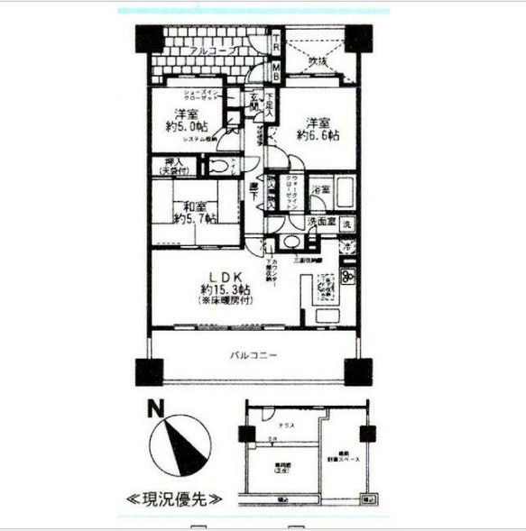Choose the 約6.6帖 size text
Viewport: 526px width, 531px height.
[x=320, y=135]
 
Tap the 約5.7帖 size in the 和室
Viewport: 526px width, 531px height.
[x=193, y=218]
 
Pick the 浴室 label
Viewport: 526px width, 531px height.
[x=319, y=190]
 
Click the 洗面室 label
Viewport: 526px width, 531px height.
[x=320, y=222]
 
